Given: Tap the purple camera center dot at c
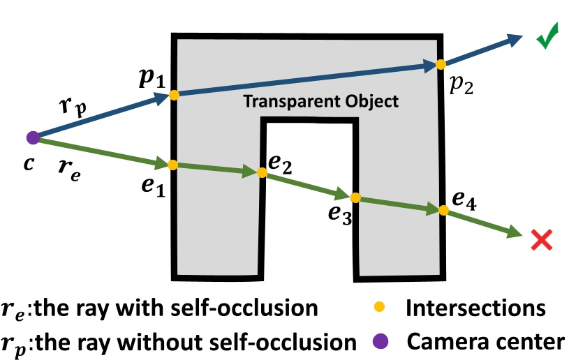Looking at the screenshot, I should point(32,137).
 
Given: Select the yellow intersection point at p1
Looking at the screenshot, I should point(174,94).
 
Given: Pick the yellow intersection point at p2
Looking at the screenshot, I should point(441,64).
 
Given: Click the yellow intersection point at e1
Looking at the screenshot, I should point(173,165).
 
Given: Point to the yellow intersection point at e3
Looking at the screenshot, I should point(355,197).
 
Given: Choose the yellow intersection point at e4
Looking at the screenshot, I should point(442,210).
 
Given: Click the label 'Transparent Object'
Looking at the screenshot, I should point(320,102).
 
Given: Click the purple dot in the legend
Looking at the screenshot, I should point(378,342).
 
